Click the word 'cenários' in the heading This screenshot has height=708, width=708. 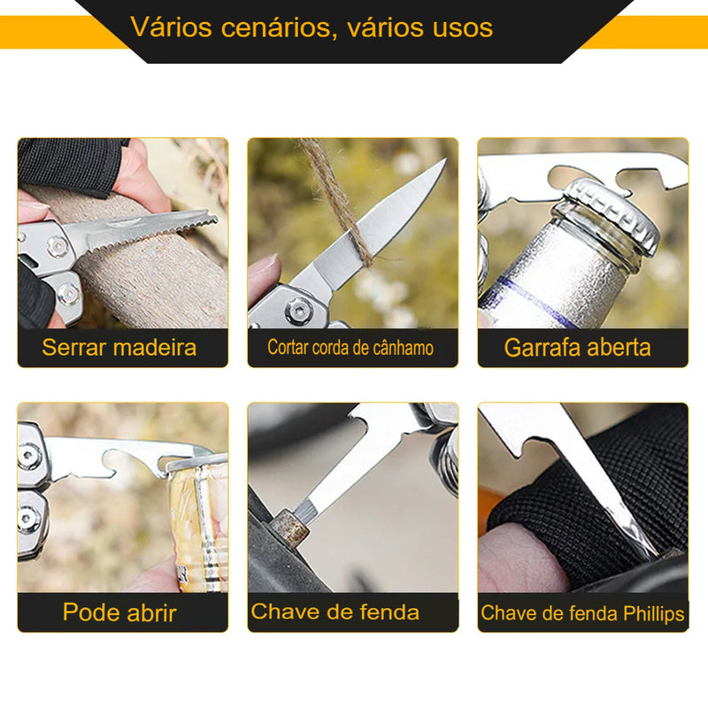(275, 28)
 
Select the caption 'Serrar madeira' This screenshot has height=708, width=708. (119, 348)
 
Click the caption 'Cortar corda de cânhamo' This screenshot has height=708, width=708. (350, 348)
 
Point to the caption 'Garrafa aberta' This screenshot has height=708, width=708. (578, 348)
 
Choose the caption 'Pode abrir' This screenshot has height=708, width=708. (119, 612)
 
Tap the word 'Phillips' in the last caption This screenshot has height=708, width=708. (654, 613)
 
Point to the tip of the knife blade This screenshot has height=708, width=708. (445, 159)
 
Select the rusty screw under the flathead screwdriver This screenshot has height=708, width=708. (289, 528)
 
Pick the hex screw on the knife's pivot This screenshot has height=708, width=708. (298, 311)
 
